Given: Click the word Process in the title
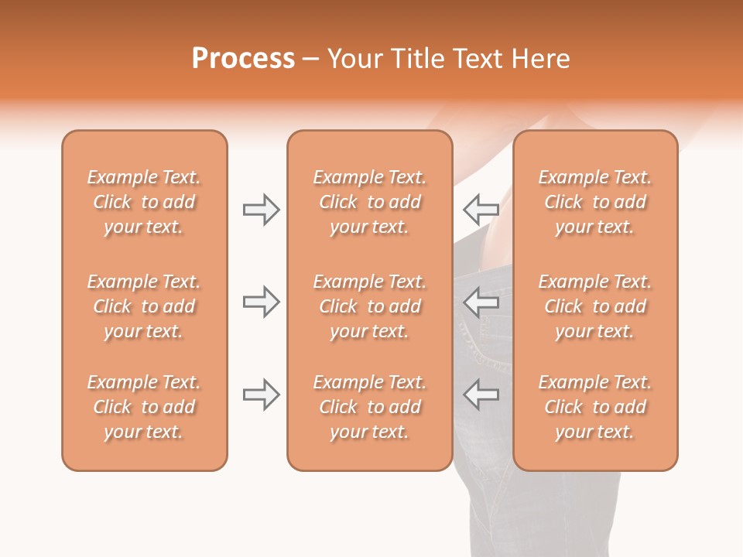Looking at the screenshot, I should (243, 59).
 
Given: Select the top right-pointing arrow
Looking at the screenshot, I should (261, 209).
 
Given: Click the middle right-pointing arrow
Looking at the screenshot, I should (261, 302).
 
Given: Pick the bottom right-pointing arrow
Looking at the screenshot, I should (261, 395).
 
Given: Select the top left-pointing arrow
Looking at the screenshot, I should (481, 209).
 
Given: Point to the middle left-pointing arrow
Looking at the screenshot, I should (481, 302).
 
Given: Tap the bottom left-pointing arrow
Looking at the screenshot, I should (481, 395).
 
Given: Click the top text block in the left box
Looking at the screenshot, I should (144, 202).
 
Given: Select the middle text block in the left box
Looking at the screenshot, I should (144, 306).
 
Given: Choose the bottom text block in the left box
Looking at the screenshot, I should (144, 407).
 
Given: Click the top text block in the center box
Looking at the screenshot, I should (369, 202).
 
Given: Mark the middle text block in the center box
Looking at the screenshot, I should (369, 306).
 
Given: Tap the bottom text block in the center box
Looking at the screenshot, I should (369, 407).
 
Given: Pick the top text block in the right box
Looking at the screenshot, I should (595, 202).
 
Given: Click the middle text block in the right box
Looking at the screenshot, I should (595, 306).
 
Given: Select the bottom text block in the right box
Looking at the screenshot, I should (595, 407).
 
